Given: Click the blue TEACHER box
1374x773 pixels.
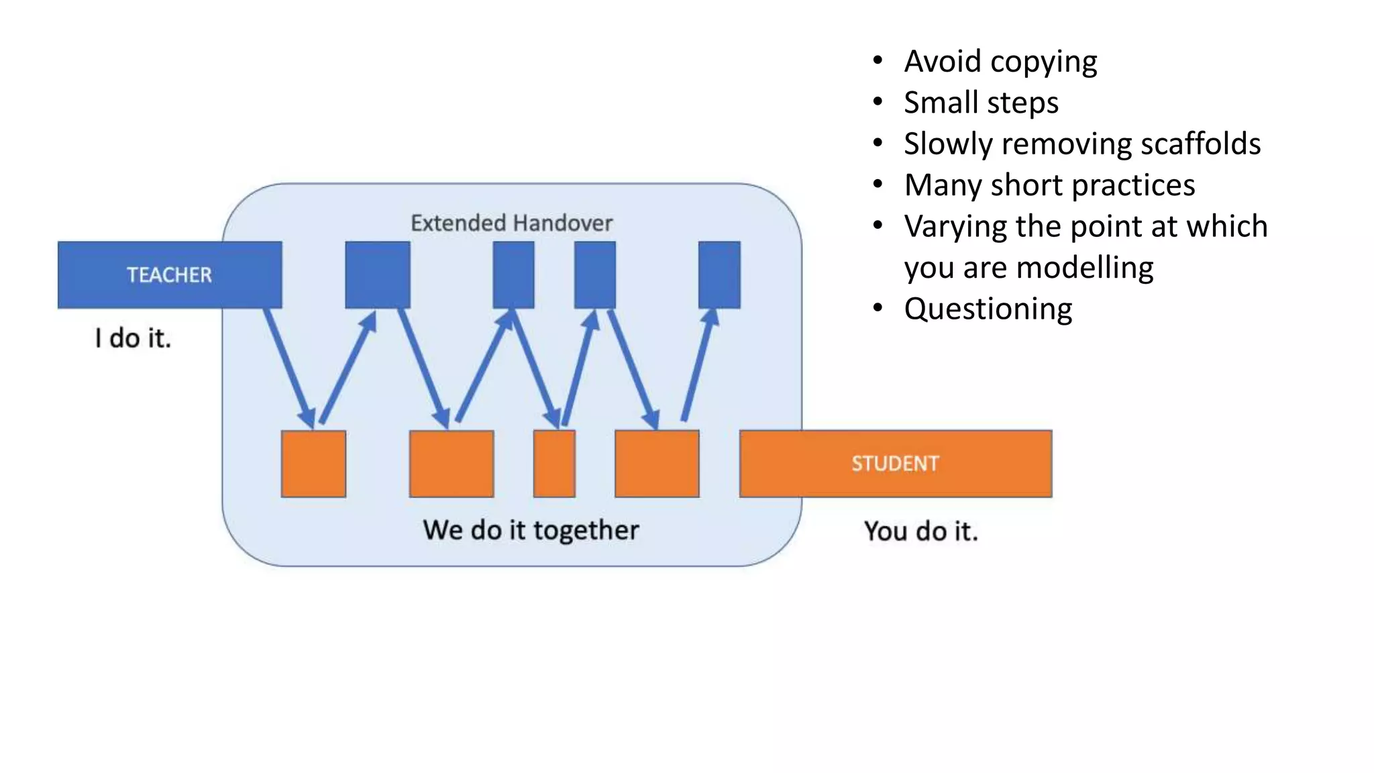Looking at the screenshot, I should [169, 274].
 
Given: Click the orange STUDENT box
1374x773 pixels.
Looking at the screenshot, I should [895, 464].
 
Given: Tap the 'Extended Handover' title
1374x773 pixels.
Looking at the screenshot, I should [511, 223].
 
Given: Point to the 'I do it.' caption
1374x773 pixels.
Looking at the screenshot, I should [133, 338].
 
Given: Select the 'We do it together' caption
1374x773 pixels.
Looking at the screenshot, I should [531, 530].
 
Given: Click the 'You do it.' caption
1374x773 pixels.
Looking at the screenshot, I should [920, 531].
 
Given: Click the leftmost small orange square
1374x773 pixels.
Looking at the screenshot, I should [313, 464].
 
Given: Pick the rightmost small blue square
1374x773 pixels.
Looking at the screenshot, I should [719, 274].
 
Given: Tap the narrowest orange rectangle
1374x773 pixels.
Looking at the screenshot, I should [554, 464].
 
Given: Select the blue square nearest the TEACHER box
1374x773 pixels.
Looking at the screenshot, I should [377, 274].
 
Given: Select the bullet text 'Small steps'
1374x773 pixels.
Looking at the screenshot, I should [981, 103].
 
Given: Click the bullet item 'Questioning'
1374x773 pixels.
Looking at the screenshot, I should [988, 309].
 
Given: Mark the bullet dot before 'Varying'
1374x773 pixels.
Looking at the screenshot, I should [878, 226].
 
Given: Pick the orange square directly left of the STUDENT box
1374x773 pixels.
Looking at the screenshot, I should [657, 464].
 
